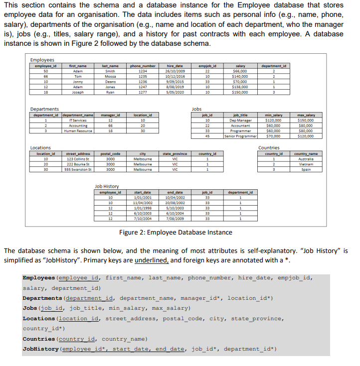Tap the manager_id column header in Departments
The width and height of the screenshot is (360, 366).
(110, 115)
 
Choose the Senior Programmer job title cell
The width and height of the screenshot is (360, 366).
(241, 135)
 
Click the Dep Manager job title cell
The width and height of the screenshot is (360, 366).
(241, 120)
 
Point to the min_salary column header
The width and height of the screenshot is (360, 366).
(273, 115)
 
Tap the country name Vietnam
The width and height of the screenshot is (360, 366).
(304, 164)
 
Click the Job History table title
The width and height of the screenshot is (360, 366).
(107, 186)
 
